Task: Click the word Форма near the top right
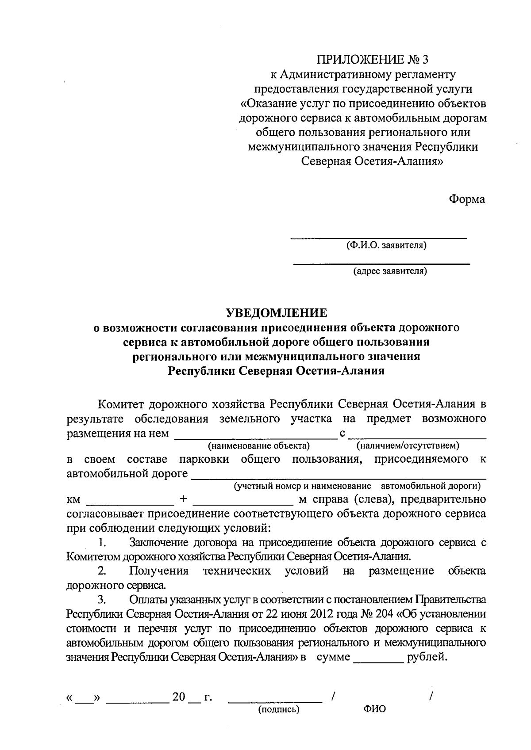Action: (x=467, y=199)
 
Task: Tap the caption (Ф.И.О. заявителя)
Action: (x=387, y=245)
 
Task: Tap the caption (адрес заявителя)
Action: (x=390, y=271)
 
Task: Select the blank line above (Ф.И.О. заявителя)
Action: (x=378, y=238)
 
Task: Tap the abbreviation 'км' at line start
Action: (x=73, y=500)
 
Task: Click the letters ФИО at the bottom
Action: (x=374, y=709)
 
